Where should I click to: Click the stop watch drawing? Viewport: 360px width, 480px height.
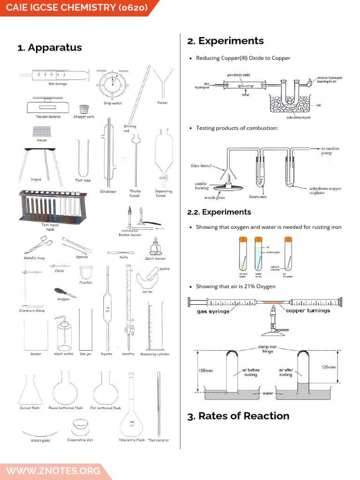click(x=112, y=84)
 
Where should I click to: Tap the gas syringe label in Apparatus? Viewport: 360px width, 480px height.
click(x=57, y=84)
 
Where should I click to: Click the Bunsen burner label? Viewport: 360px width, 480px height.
click(x=129, y=234)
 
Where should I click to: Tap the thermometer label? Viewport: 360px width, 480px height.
click(x=158, y=440)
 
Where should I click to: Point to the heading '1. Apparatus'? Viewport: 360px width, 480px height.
click(x=50, y=47)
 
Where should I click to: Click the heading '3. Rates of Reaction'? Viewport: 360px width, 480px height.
click(x=238, y=416)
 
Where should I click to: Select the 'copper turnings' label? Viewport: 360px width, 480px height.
click(x=307, y=310)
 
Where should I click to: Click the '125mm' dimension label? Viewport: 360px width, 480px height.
click(x=328, y=367)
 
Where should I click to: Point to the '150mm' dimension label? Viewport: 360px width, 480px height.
click(x=205, y=371)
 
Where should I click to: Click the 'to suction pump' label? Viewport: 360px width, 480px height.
click(x=330, y=150)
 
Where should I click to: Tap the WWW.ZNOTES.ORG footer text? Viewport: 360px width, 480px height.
click(x=53, y=470)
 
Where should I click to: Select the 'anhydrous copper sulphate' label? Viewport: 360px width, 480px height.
click(x=325, y=191)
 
